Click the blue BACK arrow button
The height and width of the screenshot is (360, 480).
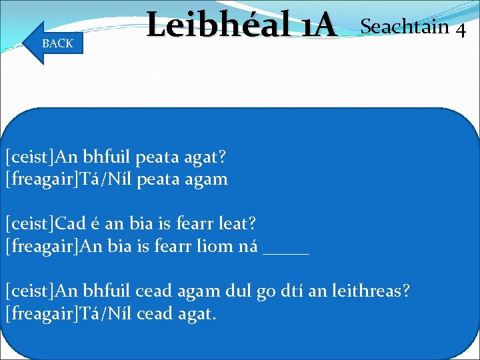(x=53, y=43)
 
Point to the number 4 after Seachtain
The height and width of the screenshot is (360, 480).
(x=460, y=30)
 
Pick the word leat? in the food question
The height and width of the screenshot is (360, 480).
(x=242, y=225)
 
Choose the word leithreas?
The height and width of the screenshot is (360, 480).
(x=373, y=291)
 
